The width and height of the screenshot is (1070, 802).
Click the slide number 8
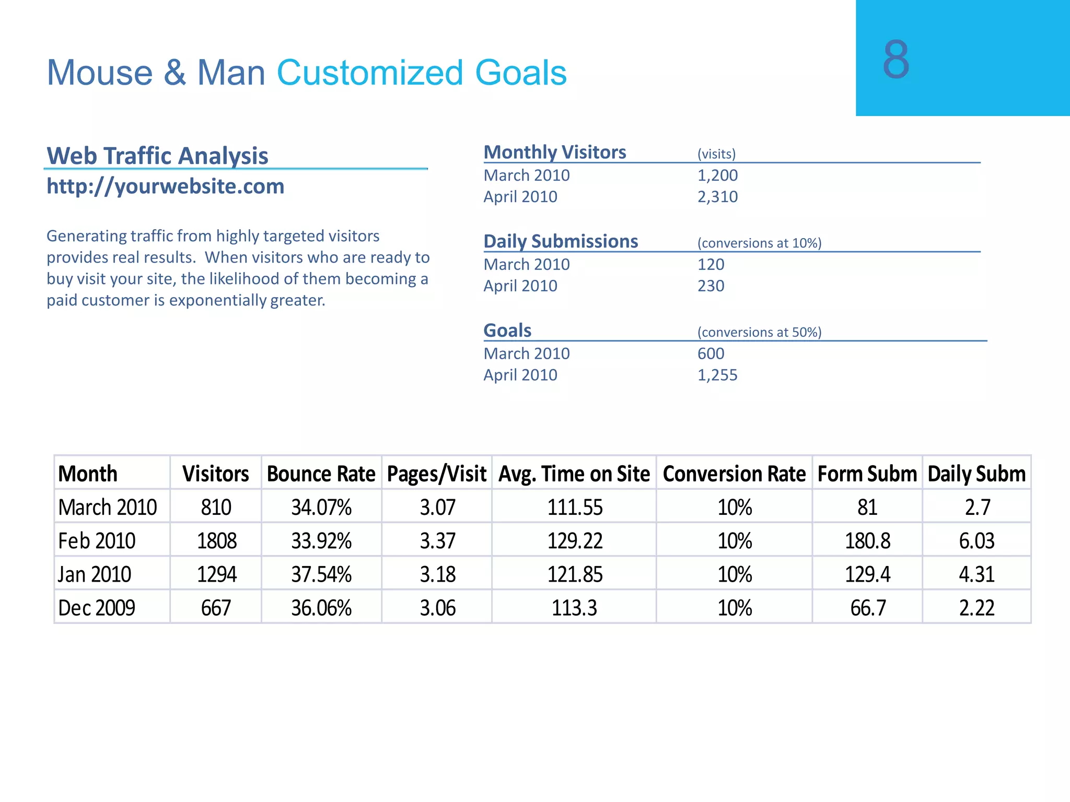(x=895, y=60)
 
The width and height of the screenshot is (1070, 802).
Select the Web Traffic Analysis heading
(x=157, y=156)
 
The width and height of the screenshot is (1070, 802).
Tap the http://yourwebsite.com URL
(x=166, y=186)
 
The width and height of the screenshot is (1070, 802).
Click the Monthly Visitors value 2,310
(x=717, y=197)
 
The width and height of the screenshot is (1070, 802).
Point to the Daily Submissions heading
(x=561, y=241)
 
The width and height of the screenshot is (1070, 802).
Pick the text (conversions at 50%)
(x=759, y=332)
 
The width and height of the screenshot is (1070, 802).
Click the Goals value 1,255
(x=717, y=375)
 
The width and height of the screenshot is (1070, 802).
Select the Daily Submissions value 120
(x=711, y=265)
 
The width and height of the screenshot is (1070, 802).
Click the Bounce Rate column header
(x=321, y=474)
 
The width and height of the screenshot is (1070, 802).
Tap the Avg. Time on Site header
(x=574, y=474)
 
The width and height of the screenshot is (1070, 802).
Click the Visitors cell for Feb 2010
(x=216, y=541)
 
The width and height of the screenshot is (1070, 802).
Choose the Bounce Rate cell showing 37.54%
(x=321, y=574)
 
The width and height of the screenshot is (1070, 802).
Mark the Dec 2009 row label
(x=97, y=608)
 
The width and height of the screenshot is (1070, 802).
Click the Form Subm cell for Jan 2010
(x=867, y=574)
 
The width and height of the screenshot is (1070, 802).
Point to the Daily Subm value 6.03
(x=976, y=541)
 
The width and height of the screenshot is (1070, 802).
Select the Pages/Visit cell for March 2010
(x=437, y=508)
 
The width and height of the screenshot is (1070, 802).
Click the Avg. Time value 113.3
(x=574, y=608)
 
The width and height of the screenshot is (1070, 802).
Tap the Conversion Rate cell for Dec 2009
(x=734, y=608)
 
